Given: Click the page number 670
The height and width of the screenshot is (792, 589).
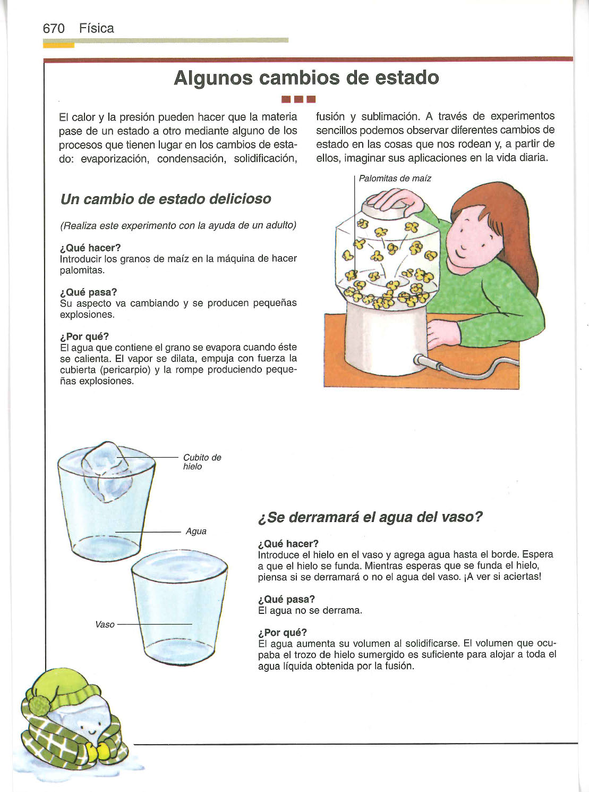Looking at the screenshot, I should [x=54, y=28].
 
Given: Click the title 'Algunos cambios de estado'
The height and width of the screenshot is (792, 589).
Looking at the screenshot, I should [x=306, y=78].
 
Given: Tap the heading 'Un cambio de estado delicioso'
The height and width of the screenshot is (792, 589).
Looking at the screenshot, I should [x=166, y=199].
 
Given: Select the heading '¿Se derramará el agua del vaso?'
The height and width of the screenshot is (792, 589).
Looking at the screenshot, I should [x=370, y=517].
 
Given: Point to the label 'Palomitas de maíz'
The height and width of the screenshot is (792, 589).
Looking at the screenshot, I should [x=395, y=179].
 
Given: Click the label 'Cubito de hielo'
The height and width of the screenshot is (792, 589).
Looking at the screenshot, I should [x=201, y=462].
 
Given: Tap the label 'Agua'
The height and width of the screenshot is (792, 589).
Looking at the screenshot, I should [x=196, y=532].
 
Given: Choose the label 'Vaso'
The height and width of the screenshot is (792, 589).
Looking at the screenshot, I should [x=105, y=625].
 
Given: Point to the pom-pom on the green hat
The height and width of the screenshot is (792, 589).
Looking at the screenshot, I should [x=40, y=705].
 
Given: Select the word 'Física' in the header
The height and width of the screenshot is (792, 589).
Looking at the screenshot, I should [x=97, y=28].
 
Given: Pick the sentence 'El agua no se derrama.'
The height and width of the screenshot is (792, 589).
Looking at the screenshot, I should [x=310, y=611].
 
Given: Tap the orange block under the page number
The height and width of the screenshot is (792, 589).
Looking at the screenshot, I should [x=58, y=46].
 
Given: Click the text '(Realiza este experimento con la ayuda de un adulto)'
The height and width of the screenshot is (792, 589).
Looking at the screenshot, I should [x=178, y=225].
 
